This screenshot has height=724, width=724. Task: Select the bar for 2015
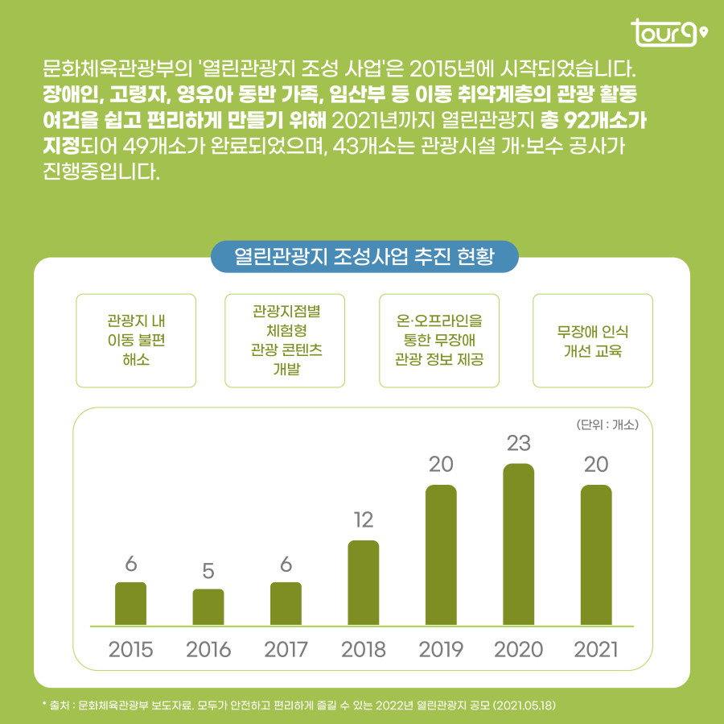click(x=130, y=603)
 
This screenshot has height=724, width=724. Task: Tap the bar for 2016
click(x=208, y=607)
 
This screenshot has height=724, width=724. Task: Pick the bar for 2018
click(x=364, y=582)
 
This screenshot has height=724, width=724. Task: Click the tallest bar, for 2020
click(x=518, y=544)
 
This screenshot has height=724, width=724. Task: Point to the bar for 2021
click(x=596, y=555)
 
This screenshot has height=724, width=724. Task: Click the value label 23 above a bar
click(x=518, y=443)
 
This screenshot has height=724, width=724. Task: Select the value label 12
click(x=364, y=520)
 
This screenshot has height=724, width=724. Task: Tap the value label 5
click(x=208, y=571)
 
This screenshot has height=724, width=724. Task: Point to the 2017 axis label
click(x=286, y=649)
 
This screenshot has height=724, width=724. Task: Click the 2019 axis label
click(x=441, y=649)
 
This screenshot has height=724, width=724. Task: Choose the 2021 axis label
click(x=596, y=649)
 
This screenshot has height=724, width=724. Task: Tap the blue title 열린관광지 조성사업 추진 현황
click(x=364, y=257)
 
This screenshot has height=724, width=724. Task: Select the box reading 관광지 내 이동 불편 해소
click(x=136, y=340)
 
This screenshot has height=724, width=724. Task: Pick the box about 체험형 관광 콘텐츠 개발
click(x=287, y=340)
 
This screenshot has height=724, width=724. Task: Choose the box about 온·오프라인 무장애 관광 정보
click(x=439, y=340)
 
